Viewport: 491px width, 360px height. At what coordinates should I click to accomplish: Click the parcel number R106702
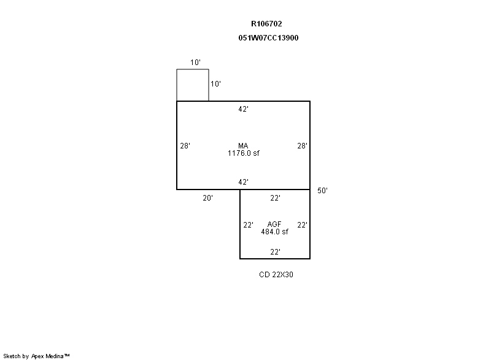pyautogui.click(x=266, y=24)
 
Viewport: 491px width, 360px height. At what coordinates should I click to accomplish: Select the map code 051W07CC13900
pyautogui.click(x=268, y=38)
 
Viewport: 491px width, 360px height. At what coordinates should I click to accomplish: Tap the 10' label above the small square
pyautogui.click(x=195, y=62)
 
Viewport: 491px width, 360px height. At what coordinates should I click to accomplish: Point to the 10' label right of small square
pyautogui.click(x=215, y=84)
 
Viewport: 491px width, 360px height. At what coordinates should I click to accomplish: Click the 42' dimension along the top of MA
pyautogui.click(x=243, y=109)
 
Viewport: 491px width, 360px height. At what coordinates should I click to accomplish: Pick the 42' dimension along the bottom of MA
pyautogui.click(x=243, y=182)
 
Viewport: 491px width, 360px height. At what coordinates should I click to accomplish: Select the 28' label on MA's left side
pyautogui.click(x=185, y=146)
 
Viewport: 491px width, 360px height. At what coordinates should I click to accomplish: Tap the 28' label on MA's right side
pyautogui.click(x=302, y=146)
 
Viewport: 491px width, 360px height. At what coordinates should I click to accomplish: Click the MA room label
pyautogui.click(x=243, y=146)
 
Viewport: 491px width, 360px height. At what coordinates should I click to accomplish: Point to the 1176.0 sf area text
pyautogui.click(x=243, y=153)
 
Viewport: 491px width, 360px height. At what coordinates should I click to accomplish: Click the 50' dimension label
pyautogui.click(x=322, y=191)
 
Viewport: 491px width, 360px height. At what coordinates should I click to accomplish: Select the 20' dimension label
pyautogui.click(x=207, y=198)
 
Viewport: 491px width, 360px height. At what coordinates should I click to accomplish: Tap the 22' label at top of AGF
pyautogui.click(x=275, y=198)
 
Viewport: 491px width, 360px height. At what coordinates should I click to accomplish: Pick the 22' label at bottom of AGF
pyautogui.click(x=275, y=252)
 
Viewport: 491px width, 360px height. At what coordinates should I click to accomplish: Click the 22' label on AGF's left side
pyautogui.click(x=249, y=225)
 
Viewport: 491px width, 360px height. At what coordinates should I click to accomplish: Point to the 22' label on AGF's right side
pyautogui.click(x=302, y=225)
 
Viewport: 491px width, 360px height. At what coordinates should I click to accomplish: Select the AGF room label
pyautogui.click(x=274, y=224)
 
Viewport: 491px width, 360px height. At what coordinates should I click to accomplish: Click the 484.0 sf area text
pyautogui.click(x=274, y=232)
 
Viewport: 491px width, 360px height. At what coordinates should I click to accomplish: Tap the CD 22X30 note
pyautogui.click(x=276, y=275)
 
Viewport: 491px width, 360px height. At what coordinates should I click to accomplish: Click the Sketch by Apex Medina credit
pyautogui.click(x=36, y=356)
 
